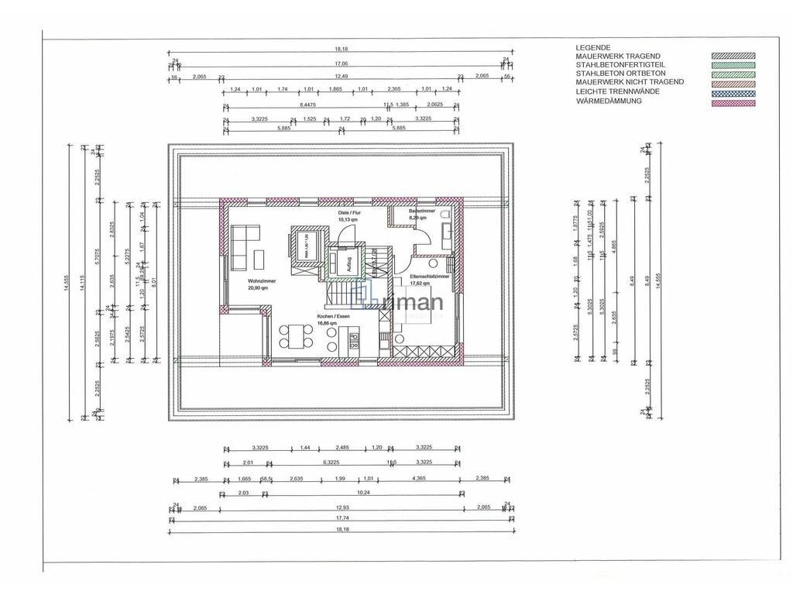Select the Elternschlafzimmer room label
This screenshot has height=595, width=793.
431,276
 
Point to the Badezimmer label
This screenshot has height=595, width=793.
425,211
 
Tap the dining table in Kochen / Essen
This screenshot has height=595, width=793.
295,335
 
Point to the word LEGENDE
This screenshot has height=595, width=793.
593,47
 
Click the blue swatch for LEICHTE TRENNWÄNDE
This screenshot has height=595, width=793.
733,92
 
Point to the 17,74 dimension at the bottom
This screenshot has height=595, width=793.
340,518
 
